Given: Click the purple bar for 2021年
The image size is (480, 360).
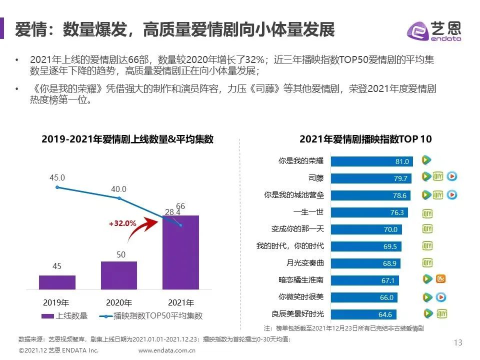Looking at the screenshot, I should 180,252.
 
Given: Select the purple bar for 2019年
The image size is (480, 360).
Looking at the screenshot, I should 57,282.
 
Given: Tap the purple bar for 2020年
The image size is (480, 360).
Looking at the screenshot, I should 119,275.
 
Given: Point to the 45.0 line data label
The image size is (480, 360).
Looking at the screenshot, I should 57,177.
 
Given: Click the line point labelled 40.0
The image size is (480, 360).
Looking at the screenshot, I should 119,198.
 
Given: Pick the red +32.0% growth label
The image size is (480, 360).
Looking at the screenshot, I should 122,224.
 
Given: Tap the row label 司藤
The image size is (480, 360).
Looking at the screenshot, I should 316,177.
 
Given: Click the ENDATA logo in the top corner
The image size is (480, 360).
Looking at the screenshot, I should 433,31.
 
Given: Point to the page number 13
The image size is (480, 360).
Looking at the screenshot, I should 457,342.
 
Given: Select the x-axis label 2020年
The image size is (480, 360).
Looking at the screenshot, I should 119,302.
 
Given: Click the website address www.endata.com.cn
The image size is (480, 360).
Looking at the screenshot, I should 166,351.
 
